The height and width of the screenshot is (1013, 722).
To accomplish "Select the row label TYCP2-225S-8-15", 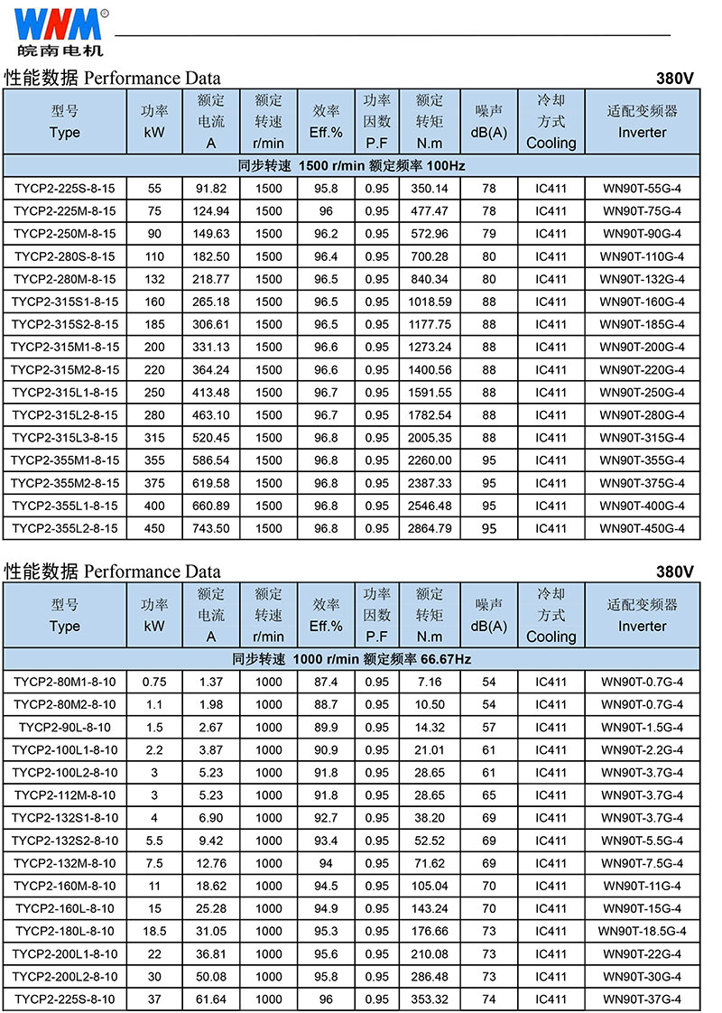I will [x=65, y=189].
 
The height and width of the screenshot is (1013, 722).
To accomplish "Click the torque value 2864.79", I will [x=430, y=528].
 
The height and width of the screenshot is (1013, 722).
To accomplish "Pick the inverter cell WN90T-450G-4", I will [x=643, y=528].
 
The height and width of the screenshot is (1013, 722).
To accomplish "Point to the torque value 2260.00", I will [x=430, y=460].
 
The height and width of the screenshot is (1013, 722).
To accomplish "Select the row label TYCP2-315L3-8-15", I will [x=65, y=438].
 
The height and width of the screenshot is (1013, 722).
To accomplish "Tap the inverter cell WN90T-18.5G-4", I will [x=643, y=931].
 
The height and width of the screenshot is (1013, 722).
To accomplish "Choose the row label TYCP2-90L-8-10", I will [x=65, y=728].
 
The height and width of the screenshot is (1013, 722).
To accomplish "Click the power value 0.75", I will [x=154, y=682].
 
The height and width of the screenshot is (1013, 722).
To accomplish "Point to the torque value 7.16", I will [x=430, y=682].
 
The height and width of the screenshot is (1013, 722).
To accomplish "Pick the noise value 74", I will [x=489, y=999].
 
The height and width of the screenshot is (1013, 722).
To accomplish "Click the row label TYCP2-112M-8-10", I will [x=65, y=795].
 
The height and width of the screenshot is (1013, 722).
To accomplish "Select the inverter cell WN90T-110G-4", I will [x=643, y=256].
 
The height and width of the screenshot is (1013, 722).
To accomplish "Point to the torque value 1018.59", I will [x=430, y=302].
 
